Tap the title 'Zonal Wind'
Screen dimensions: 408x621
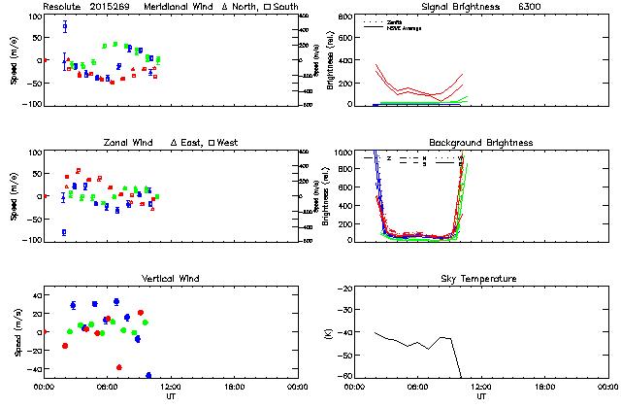(x=128, y=143)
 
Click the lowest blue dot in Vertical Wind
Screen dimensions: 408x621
(x=148, y=375)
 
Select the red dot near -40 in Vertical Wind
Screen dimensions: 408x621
(x=119, y=367)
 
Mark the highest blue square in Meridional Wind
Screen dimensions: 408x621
(x=65, y=26)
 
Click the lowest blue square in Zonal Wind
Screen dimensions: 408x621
(x=64, y=232)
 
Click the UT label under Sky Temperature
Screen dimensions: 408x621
(x=481, y=396)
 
